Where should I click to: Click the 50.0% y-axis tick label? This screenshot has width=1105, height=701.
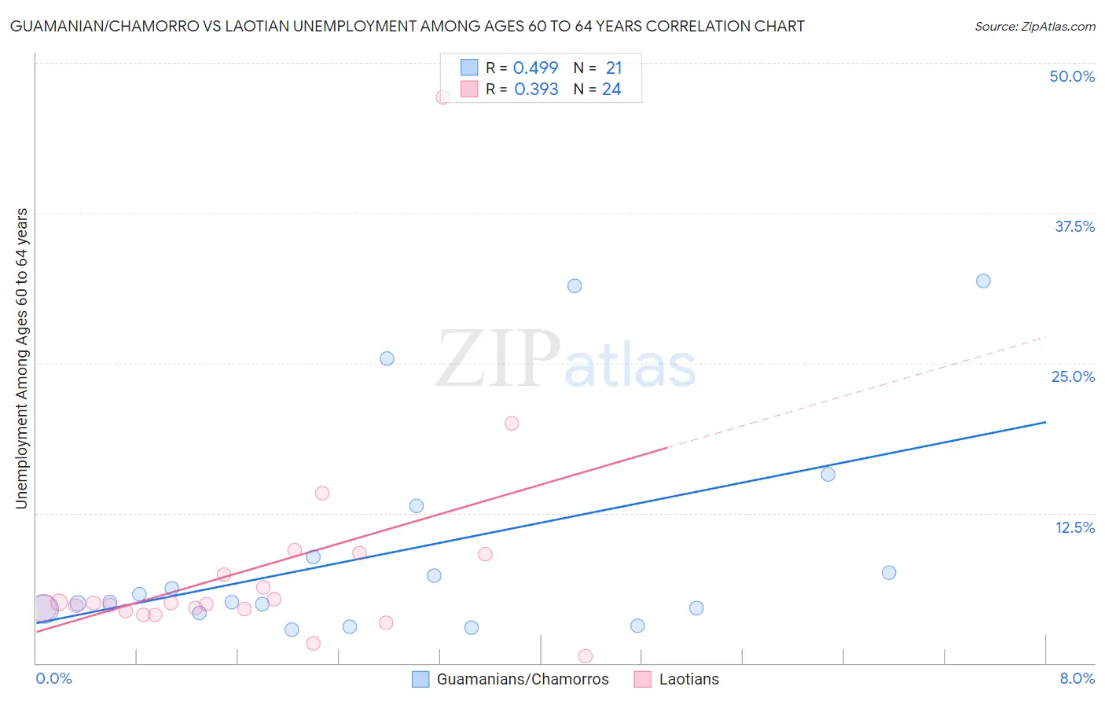click(x=1072, y=76)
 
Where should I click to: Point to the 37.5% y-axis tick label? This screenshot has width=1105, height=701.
click(x=1074, y=226)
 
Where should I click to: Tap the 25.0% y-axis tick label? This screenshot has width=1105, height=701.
click(x=1073, y=376)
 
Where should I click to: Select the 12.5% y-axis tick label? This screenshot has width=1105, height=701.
click(x=1074, y=527)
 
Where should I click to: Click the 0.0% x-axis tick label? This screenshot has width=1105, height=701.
click(x=53, y=678)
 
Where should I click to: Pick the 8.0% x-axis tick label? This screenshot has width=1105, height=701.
click(x=1077, y=678)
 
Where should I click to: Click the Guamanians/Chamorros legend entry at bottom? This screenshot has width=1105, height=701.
click(x=522, y=679)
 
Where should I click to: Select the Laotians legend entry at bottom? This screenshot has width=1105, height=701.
click(x=688, y=679)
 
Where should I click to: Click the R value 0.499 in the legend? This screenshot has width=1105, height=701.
click(x=535, y=68)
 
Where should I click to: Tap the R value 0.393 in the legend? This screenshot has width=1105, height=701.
click(x=536, y=90)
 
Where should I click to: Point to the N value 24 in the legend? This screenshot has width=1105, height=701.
click(x=611, y=90)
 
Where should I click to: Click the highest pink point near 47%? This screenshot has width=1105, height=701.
click(x=442, y=97)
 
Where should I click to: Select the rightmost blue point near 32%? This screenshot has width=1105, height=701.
click(x=983, y=281)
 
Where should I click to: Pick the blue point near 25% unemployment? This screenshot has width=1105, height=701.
click(x=387, y=358)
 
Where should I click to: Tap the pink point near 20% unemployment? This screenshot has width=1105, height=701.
click(x=512, y=423)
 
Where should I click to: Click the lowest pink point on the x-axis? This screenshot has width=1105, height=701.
click(x=586, y=656)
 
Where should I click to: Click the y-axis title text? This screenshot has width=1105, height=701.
click(x=21, y=358)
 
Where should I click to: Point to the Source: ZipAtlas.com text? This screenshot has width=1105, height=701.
click(x=1034, y=27)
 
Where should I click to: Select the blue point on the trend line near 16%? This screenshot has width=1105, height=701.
click(x=828, y=474)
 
